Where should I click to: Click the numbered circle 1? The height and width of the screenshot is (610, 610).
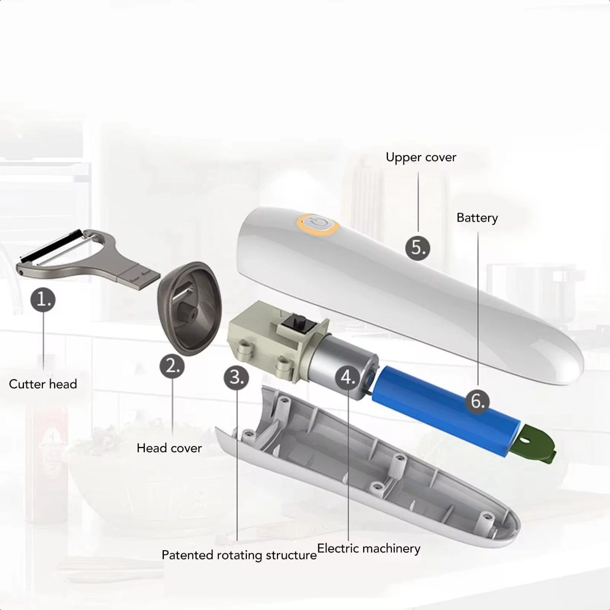(x=43, y=300)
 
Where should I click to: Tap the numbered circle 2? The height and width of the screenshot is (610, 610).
(x=172, y=366)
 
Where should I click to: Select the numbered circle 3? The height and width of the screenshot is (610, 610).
(x=236, y=377)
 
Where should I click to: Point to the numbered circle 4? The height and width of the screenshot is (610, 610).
(x=348, y=377)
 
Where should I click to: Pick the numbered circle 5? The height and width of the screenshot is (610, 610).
(x=418, y=248)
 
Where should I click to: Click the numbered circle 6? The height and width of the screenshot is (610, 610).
(x=477, y=401)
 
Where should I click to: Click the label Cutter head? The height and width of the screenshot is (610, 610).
(x=43, y=384)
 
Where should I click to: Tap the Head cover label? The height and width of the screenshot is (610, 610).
(x=169, y=448)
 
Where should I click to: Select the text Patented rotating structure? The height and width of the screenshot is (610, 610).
(x=239, y=555)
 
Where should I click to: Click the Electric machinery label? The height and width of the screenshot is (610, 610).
(x=368, y=549)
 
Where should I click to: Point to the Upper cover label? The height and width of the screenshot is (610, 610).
(x=421, y=157)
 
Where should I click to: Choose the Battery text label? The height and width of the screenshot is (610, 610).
(x=477, y=218)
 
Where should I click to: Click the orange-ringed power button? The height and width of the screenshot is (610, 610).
(x=318, y=224)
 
